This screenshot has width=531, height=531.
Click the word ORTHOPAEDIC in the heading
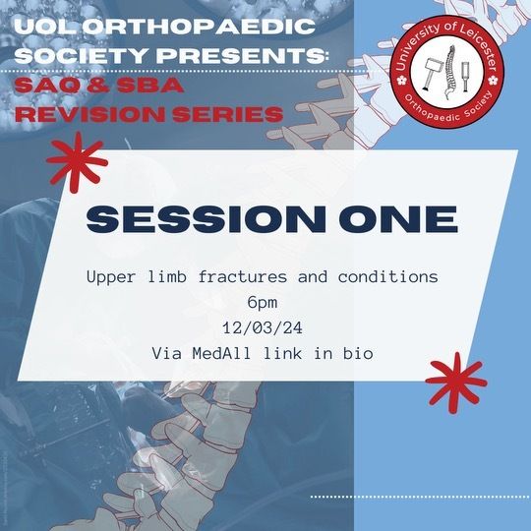click(199, 27)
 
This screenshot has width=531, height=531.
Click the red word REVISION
click(90, 114)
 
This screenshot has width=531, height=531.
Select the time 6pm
click(263, 303)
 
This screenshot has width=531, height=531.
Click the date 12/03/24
click(263, 327)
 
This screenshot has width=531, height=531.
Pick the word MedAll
click(222, 354)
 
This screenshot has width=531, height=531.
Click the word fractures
click(243, 276)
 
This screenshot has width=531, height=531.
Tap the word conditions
click(388, 276)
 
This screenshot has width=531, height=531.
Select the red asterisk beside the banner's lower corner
click(456, 383)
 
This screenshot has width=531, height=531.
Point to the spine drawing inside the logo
click(449, 73)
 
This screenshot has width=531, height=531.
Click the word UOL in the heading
click(46, 27)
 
